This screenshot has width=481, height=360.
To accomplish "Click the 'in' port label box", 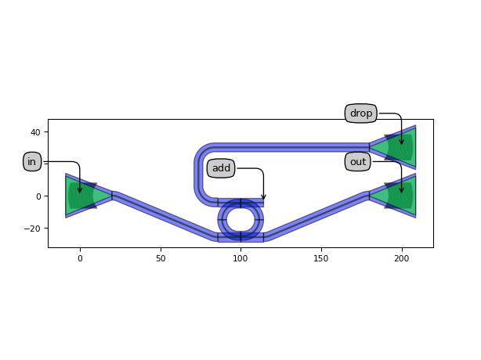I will click(x=32, y=162).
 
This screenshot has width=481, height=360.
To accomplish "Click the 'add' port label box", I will click(x=221, y=168).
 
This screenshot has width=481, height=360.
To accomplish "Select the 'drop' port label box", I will click(x=361, y=113).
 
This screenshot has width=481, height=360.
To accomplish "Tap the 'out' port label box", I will click(x=358, y=162).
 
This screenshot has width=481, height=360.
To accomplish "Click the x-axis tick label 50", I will click(x=161, y=257).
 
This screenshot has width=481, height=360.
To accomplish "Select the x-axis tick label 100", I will click(x=240, y=257).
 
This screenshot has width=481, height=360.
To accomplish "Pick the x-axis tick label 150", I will click(x=321, y=257).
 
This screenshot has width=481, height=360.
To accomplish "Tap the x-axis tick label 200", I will click(x=402, y=257).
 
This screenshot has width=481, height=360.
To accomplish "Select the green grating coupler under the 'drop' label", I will click(x=396, y=147).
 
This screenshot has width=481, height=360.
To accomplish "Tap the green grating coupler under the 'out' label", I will click(x=396, y=196).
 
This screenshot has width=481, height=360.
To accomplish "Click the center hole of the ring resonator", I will click(x=240, y=219).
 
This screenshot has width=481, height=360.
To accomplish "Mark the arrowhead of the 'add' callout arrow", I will click(x=263, y=197).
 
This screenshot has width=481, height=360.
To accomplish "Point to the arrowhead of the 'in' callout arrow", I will click(x=80, y=190).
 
